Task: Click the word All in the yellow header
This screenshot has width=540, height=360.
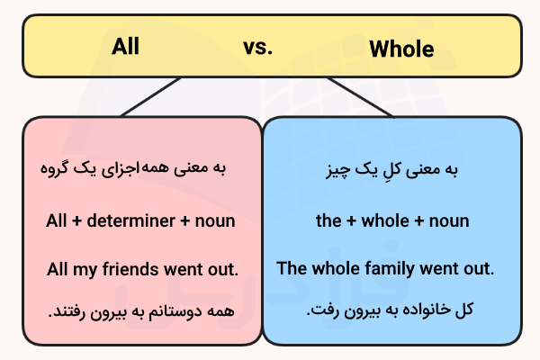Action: pos(125,46)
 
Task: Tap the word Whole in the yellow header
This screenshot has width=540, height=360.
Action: pos(401,49)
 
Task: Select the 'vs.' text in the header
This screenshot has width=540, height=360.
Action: pos(257,48)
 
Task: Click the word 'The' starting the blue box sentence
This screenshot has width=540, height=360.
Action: pos(292,267)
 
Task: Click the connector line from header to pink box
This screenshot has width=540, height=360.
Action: pos(153,96)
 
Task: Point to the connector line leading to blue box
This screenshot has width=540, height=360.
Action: pos(360,96)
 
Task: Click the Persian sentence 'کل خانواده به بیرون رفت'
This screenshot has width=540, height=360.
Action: pos(390,310)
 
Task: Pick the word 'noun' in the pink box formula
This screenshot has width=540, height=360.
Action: pos(216,220)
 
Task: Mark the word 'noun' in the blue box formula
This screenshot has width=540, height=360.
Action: pos(447,220)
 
